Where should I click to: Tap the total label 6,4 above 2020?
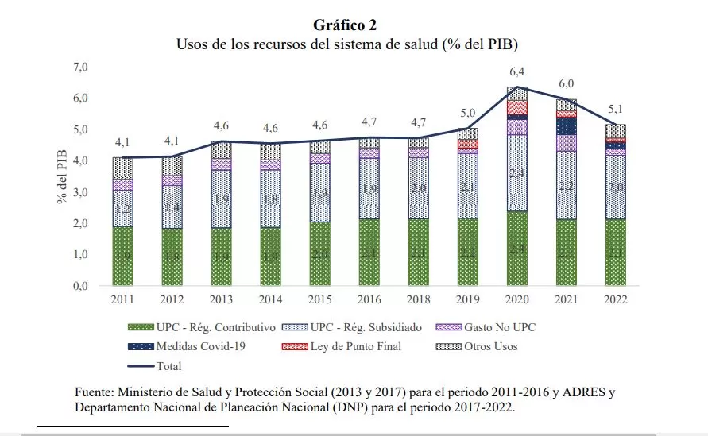[516, 72]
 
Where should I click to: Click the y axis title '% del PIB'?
[63, 177]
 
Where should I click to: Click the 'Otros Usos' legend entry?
[481, 346]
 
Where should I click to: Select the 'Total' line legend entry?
[164, 366]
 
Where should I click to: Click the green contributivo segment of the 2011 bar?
[122, 256]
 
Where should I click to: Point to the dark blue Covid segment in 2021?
[566, 125]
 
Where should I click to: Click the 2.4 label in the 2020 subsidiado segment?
[516, 173]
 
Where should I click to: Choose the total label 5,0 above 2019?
[468, 113]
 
